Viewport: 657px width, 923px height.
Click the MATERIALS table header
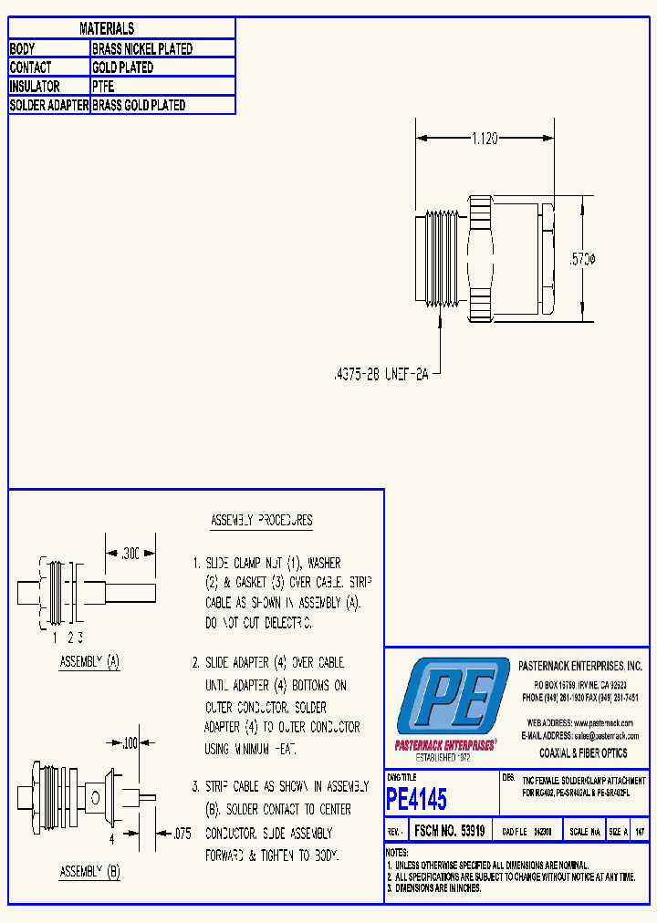107,29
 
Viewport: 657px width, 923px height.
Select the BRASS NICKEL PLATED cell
142,49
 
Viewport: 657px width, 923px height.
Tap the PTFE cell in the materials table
102,87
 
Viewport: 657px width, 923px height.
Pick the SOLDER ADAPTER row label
49,106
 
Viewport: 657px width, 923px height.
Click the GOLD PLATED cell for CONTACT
123,67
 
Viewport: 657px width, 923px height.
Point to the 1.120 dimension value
484,139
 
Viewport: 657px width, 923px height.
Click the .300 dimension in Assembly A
131,553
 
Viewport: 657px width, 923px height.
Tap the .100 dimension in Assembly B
129,744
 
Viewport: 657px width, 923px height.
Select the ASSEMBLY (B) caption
89,872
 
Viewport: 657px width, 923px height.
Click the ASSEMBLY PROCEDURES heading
261,521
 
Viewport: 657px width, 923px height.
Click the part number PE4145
417,800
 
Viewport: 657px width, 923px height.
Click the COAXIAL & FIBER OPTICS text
583,753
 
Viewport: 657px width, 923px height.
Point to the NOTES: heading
402,852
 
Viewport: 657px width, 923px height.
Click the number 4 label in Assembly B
112,837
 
